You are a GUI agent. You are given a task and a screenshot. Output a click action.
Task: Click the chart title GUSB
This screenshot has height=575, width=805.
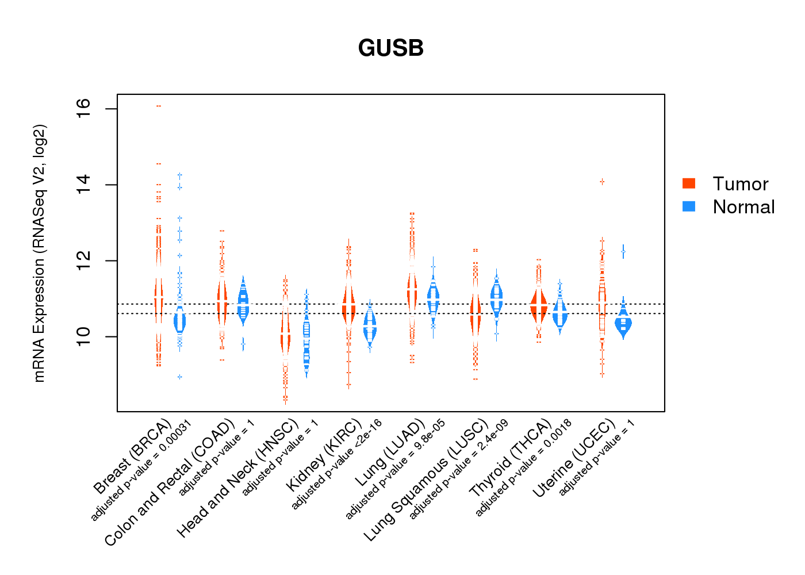click(x=390, y=48)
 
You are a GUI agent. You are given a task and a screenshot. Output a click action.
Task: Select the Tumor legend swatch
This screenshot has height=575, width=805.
click(x=689, y=183)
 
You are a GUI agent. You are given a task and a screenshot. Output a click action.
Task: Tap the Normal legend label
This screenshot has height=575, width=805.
click(x=743, y=207)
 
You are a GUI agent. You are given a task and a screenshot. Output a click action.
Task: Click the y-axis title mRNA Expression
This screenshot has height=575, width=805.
click(x=39, y=253)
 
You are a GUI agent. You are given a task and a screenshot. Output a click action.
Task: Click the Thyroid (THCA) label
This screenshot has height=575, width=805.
click(x=511, y=458)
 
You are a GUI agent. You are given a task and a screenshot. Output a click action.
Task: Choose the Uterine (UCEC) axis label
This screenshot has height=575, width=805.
click(x=574, y=459)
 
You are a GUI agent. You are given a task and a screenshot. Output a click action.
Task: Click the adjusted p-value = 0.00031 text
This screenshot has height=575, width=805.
click(x=141, y=470)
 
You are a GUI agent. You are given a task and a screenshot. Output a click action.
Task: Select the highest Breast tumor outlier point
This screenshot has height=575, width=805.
click(x=159, y=106)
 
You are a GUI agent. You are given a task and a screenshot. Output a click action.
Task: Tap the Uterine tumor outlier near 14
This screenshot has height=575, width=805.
click(x=602, y=182)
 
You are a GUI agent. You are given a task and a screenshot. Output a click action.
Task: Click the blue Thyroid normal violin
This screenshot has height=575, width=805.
click(x=559, y=314)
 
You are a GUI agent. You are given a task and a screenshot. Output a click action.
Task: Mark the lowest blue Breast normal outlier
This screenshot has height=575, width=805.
click(x=179, y=377)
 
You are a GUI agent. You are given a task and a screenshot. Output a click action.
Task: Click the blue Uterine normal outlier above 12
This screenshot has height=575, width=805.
click(x=623, y=251)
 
